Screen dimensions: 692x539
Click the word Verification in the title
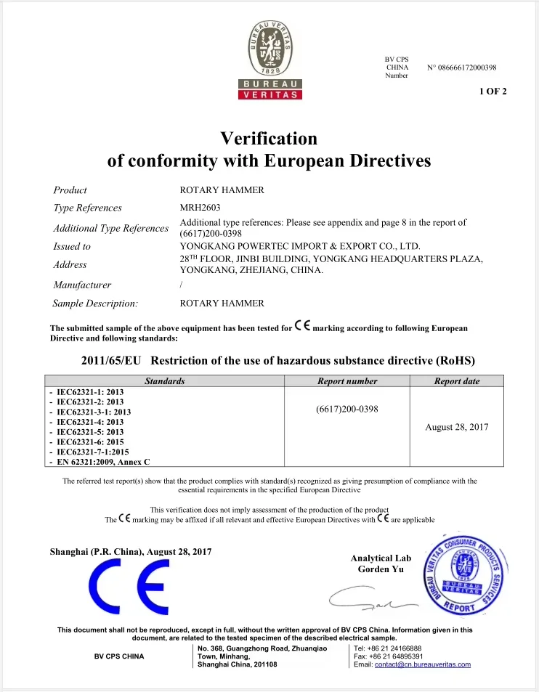[x=269, y=138]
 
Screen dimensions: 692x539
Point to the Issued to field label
[x=72, y=246]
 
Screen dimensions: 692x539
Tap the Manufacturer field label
[x=82, y=285]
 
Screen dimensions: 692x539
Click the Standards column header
[x=164, y=381]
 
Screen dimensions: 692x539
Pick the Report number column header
[x=347, y=381]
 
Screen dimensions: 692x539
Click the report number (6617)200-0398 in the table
[x=347, y=409]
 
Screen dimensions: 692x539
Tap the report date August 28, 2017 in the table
[x=456, y=427]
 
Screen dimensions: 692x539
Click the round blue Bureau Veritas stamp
[x=465, y=573]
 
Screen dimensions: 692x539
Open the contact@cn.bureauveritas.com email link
[x=422, y=664]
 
